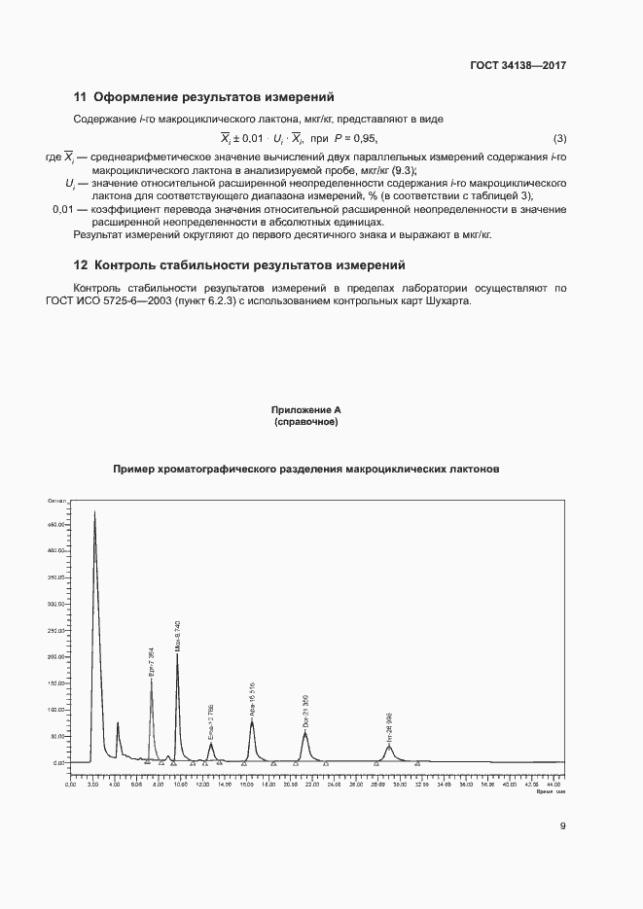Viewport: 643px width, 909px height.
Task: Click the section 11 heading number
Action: (81, 97)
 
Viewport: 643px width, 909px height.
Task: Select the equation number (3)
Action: (559, 137)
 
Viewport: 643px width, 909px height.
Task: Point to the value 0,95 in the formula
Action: (363, 137)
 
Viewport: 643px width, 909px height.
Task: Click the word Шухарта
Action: (447, 300)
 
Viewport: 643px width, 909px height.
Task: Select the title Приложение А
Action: (306, 411)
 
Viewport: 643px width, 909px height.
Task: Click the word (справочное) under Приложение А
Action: (306, 422)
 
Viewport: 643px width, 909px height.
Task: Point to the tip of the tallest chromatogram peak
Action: (94, 511)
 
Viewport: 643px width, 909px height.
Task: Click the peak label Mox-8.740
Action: (177, 635)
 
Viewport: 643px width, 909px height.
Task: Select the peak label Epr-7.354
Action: (151, 662)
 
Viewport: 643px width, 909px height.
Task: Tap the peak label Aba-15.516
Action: (252, 699)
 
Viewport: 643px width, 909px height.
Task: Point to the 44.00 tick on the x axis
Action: (553, 783)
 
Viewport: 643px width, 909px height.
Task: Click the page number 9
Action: (562, 826)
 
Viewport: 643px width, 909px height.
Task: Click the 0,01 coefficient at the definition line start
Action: (62, 210)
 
